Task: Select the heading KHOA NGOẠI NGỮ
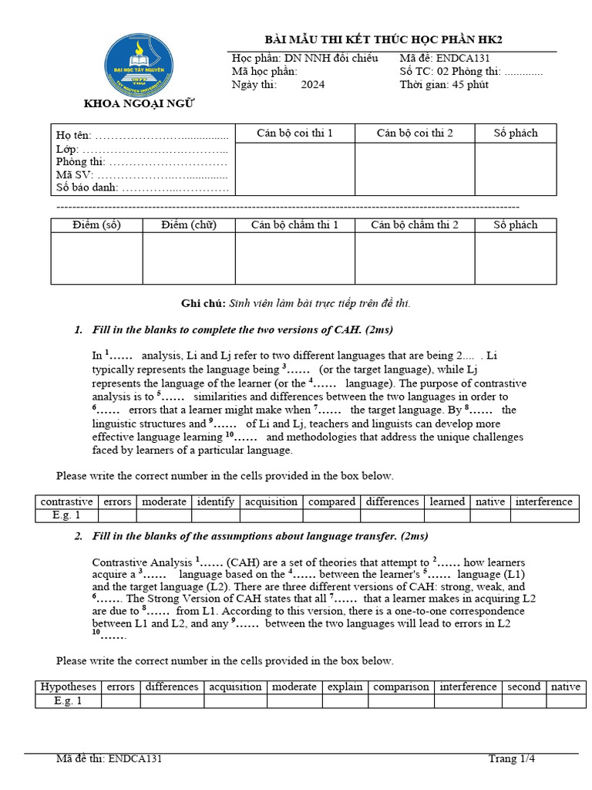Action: tap(140, 104)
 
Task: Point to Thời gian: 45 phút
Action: tap(443, 85)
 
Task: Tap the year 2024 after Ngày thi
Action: tap(313, 85)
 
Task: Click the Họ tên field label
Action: tap(73, 136)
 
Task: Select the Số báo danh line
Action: tap(142, 187)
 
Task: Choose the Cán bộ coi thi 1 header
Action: tap(294, 133)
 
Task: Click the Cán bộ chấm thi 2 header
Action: tap(414, 225)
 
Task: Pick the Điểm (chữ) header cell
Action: tap(189, 225)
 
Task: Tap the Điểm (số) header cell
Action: tap(97, 225)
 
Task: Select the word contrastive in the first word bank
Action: tap(66, 501)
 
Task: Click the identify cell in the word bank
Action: tap(215, 501)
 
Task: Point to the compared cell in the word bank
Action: tap(331, 501)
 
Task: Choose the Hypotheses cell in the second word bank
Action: tap(69, 687)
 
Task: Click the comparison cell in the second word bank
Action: tap(401, 687)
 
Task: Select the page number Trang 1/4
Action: tap(511, 758)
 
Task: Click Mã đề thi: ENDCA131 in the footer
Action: tap(109, 758)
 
